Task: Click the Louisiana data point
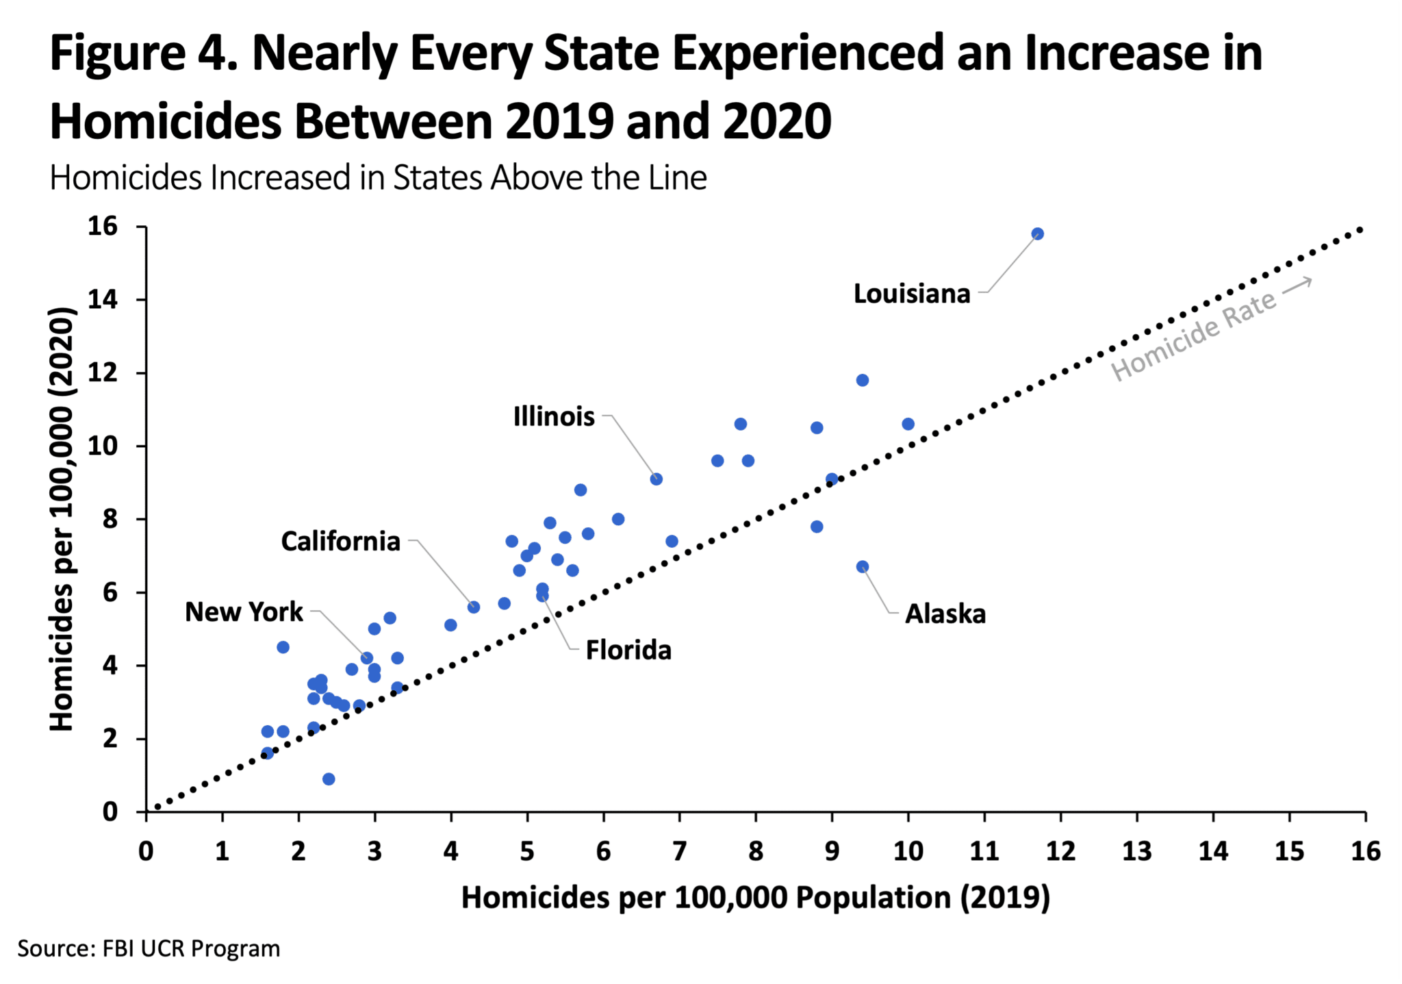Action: pos(1037,234)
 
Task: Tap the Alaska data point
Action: pos(863,567)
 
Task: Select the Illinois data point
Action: pos(656,479)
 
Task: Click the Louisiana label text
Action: pos(911,294)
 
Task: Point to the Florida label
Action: pos(628,650)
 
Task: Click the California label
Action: pos(340,542)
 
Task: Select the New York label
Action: pos(244,612)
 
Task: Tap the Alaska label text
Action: pos(945,614)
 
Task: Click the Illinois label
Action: pos(554,416)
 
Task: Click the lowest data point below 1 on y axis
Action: pos(329,779)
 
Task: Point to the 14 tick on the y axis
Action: pos(102,299)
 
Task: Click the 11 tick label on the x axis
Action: pos(984,851)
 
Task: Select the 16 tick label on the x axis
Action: pos(1365,851)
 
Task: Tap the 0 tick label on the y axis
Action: pos(110,812)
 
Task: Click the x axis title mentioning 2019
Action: pos(755,898)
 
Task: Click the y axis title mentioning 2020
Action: pos(62,518)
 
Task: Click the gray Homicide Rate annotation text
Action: pos(1193,335)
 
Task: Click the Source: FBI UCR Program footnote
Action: pos(149,949)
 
